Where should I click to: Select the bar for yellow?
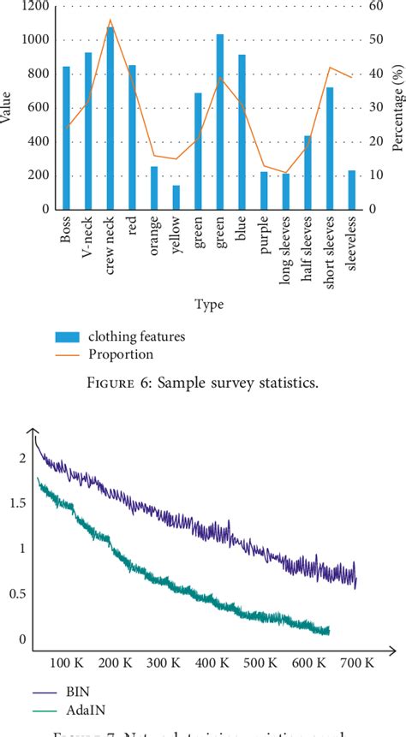coord(176,197)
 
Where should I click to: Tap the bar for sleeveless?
coord(351,190)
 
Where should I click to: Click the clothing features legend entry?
coord(137,336)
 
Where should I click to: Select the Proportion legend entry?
coord(120,354)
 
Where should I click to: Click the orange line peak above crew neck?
coord(110,20)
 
